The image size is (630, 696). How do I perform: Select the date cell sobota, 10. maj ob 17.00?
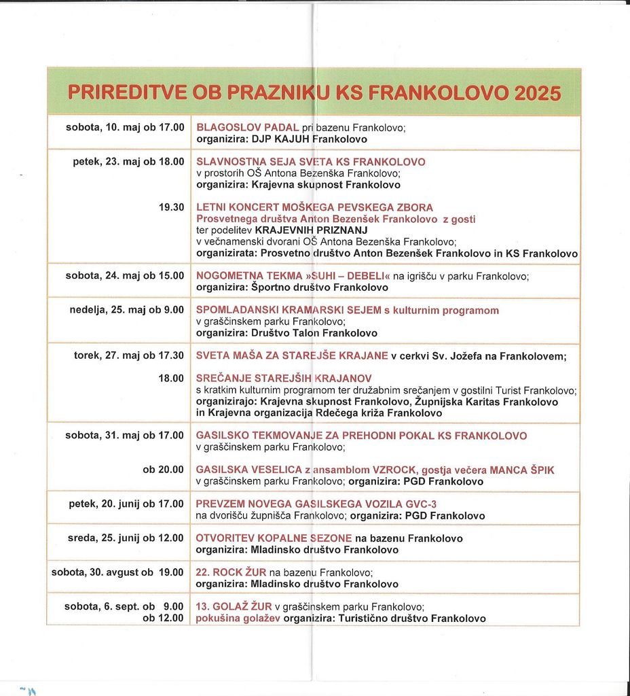click(x=125, y=127)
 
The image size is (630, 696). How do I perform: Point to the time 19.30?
click(x=171, y=207)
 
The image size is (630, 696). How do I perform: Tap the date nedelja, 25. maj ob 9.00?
click(x=127, y=310)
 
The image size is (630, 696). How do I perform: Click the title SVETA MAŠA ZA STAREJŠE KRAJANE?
click(x=292, y=355)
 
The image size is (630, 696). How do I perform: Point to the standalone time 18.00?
click(x=171, y=378)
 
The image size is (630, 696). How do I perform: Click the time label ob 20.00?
click(x=163, y=470)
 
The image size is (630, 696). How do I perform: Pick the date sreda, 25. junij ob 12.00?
click(x=126, y=538)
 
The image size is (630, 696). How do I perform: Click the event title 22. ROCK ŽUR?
click(x=231, y=572)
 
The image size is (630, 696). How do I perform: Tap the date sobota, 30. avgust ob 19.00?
click(x=117, y=572)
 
